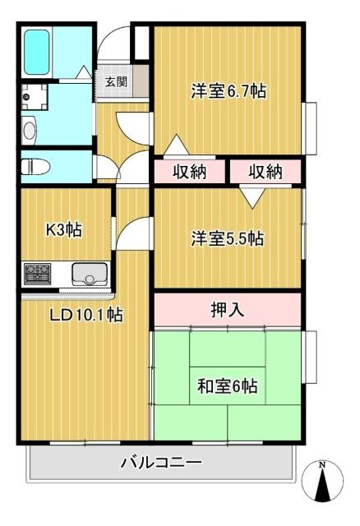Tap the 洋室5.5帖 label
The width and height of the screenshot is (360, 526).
(x=228, y=239)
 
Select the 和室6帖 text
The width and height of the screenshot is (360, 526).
(x=228, y=385)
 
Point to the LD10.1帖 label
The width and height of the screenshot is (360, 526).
(x=85, y=315)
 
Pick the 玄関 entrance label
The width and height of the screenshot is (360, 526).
(x=115, y=82)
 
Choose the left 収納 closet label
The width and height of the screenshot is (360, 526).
(x=188, y=172)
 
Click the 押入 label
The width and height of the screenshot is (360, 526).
(x=228, y=310)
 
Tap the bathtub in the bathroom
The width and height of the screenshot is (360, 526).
(x=38, y=52)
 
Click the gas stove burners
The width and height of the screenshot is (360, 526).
(x=38, y=272)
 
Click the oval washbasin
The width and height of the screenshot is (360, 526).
(x=30, y=130)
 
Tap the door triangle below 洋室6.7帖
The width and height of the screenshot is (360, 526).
(x=174, y=146)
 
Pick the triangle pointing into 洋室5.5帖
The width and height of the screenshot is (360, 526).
(x=251, y=196)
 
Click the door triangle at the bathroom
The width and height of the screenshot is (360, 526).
(x=84, y=73)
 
